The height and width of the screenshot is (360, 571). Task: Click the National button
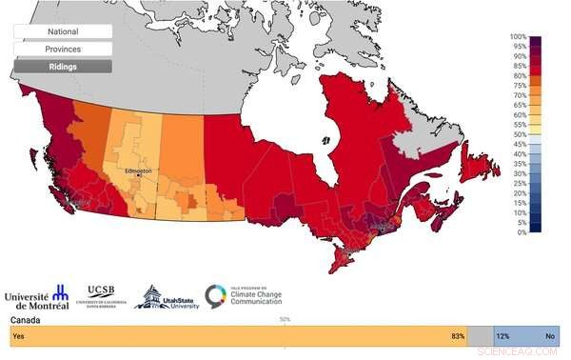click(63, 31)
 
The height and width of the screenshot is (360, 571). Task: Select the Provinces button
click(63, 49)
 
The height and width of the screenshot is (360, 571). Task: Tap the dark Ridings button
click(63, 67)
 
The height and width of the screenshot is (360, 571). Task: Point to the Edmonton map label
click(138, 171)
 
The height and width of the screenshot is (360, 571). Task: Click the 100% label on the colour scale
click(518, 37)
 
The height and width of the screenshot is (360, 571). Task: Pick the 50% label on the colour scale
click(519, 134)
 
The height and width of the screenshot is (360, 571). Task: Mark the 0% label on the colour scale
click(520, 231)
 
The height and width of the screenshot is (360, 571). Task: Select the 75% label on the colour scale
click(519, 86)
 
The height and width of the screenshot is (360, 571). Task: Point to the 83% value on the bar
click(458, 336)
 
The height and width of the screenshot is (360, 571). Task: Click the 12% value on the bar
click(502, 336)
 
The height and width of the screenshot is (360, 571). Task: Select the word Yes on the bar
click(18, 336)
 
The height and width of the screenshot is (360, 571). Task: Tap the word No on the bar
click(550, 336)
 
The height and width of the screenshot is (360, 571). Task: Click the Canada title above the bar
click(21, 321)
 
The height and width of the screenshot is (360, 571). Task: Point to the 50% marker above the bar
click(285, 319)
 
